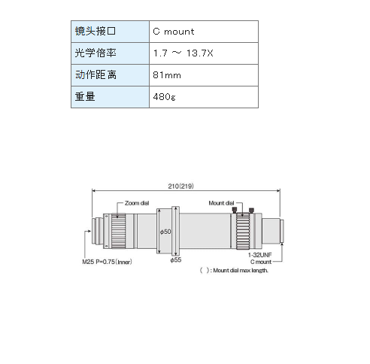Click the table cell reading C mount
204,32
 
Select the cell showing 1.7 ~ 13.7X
204,53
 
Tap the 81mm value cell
204,75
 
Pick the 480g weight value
204,97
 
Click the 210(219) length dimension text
180,186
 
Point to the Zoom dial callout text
137,203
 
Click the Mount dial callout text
221,203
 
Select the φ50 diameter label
165,232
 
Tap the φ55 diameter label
176,259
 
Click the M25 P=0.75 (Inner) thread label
107,262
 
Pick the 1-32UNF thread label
260,255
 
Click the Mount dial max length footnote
234,270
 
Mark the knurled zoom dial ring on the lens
118,231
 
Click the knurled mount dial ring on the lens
243,231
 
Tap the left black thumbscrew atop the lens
235,210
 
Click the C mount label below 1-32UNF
261,262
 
